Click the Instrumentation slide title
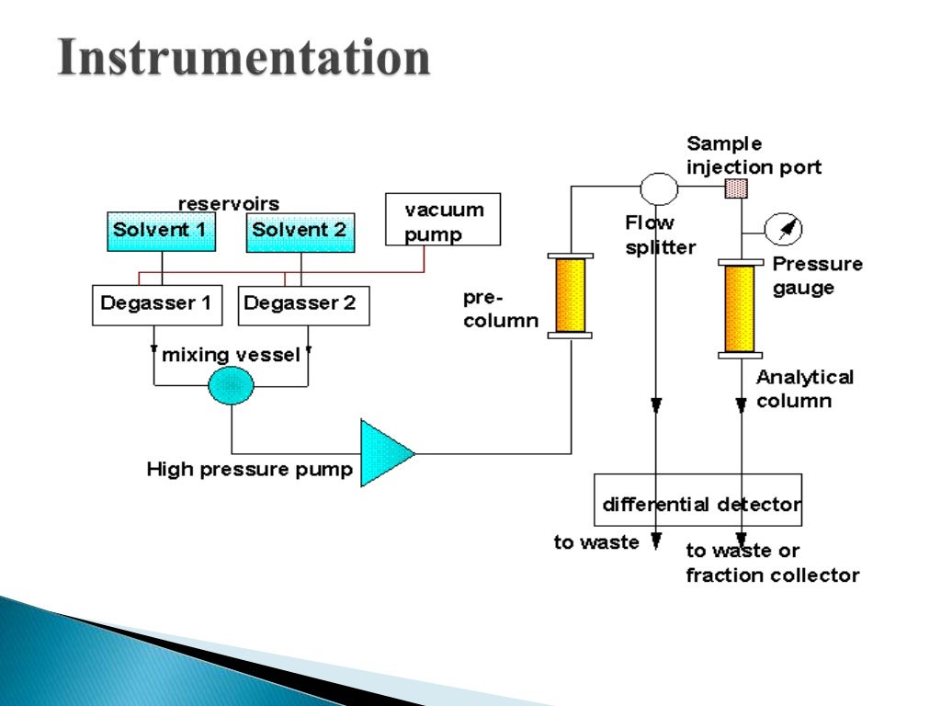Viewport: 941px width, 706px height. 244,58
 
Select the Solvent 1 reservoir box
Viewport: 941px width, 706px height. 160,231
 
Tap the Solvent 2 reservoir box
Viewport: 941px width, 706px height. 300,231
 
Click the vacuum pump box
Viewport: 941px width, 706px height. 442,219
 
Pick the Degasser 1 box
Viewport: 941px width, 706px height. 157,305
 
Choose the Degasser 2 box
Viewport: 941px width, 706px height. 303,305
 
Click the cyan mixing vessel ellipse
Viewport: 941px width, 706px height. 230,384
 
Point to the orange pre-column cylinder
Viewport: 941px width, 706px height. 570,295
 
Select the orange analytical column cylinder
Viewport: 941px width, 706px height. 740,309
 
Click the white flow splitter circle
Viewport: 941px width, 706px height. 658,188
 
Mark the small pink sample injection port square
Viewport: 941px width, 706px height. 736,188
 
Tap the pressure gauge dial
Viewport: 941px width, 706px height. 785,228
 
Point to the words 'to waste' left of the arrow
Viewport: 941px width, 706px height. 595,542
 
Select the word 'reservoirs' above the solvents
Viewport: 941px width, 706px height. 228,203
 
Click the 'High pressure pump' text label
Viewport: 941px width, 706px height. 249,470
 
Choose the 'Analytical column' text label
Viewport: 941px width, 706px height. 804,389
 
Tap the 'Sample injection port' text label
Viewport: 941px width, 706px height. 754,155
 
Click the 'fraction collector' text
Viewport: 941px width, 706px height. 773,575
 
